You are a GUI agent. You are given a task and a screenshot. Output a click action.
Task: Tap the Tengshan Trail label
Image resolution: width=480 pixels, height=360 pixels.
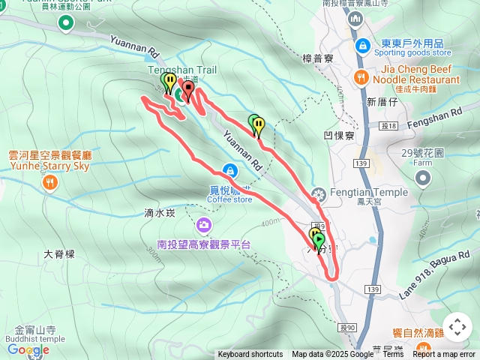(x=182, y=70)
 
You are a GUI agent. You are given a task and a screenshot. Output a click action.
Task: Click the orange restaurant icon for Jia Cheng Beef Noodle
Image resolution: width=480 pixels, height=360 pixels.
(x=361, y=76)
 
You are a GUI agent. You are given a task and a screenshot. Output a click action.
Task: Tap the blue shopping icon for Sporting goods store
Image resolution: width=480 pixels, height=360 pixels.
(x=363, y=46)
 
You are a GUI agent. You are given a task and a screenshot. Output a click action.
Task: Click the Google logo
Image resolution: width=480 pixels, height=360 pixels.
(x=28, y=349)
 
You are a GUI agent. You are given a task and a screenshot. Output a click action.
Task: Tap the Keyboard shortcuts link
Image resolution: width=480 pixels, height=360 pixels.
(x=250, y=355)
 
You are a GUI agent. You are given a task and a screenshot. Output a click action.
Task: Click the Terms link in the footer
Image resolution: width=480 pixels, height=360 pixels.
(x=393, y=355)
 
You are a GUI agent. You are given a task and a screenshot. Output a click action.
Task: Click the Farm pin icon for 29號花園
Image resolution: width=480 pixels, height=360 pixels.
(x=424, y=178)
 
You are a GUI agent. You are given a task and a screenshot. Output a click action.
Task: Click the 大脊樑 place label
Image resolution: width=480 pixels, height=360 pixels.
(x=59, y=254)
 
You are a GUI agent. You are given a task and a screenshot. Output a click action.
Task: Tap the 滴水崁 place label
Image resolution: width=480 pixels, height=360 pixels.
(x=159, y=213)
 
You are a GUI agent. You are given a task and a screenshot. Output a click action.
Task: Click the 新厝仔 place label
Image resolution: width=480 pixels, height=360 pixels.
(x=381, y=102)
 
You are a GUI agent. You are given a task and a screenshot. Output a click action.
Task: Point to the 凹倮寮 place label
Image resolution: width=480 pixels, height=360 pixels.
(x=337, y=136)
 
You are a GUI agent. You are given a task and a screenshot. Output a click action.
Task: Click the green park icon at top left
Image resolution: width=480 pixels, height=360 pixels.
(x=66, y=23)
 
